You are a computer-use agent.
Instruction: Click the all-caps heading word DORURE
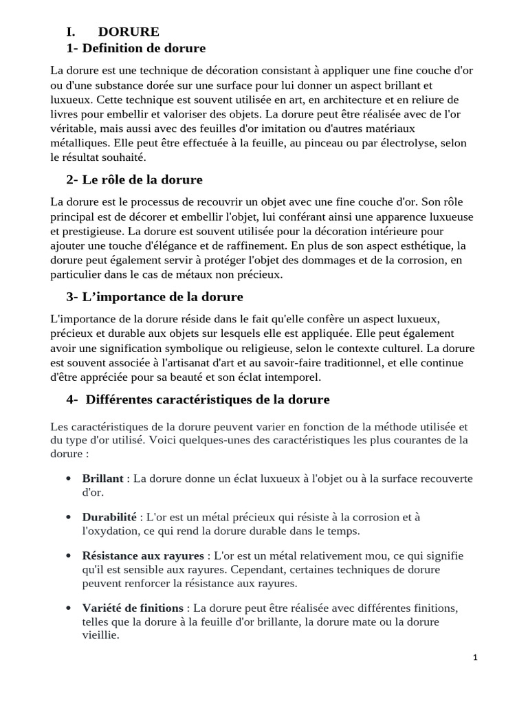pos(129,32)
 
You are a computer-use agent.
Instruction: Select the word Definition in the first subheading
pos(113,48)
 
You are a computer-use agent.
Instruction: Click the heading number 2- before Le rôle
pos(73,179)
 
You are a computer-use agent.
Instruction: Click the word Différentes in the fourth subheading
pos(126,399)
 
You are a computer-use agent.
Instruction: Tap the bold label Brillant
pos(102,478)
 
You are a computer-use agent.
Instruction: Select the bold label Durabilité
pos(109,517)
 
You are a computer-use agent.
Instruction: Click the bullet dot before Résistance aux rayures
pos(69,555)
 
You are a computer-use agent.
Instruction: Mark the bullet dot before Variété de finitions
pos(69,608)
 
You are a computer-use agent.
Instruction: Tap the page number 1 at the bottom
pos(475,657)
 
